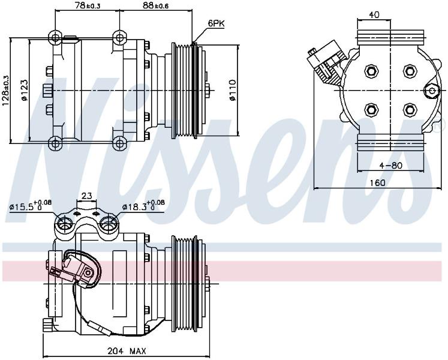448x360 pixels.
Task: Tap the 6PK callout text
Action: (x=216, y=24)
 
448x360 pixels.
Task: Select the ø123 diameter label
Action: (x=24, y=90)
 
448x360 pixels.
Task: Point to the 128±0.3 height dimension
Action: (x=6, y=91)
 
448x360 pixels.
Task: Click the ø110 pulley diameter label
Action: (x=233, y=90)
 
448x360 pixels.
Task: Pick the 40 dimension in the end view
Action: (x=374, y=14)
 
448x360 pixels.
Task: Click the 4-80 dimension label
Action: (x=390, y=165)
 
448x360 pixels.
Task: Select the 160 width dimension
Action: (x=377, y=183)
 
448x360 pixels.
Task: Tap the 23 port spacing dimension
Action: (x=86, y=196)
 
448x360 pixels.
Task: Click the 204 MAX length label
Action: (x=127, y=350)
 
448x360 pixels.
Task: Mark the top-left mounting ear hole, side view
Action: (x=55, y=37)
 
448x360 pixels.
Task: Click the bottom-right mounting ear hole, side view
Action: (x=119, y=143)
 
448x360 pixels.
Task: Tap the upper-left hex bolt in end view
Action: (x=371, y=71)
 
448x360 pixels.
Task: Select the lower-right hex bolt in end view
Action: (x=410, y=110)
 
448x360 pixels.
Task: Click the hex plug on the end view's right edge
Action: (x=432, y=91)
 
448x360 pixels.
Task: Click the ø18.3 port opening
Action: (x=108, y=223)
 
